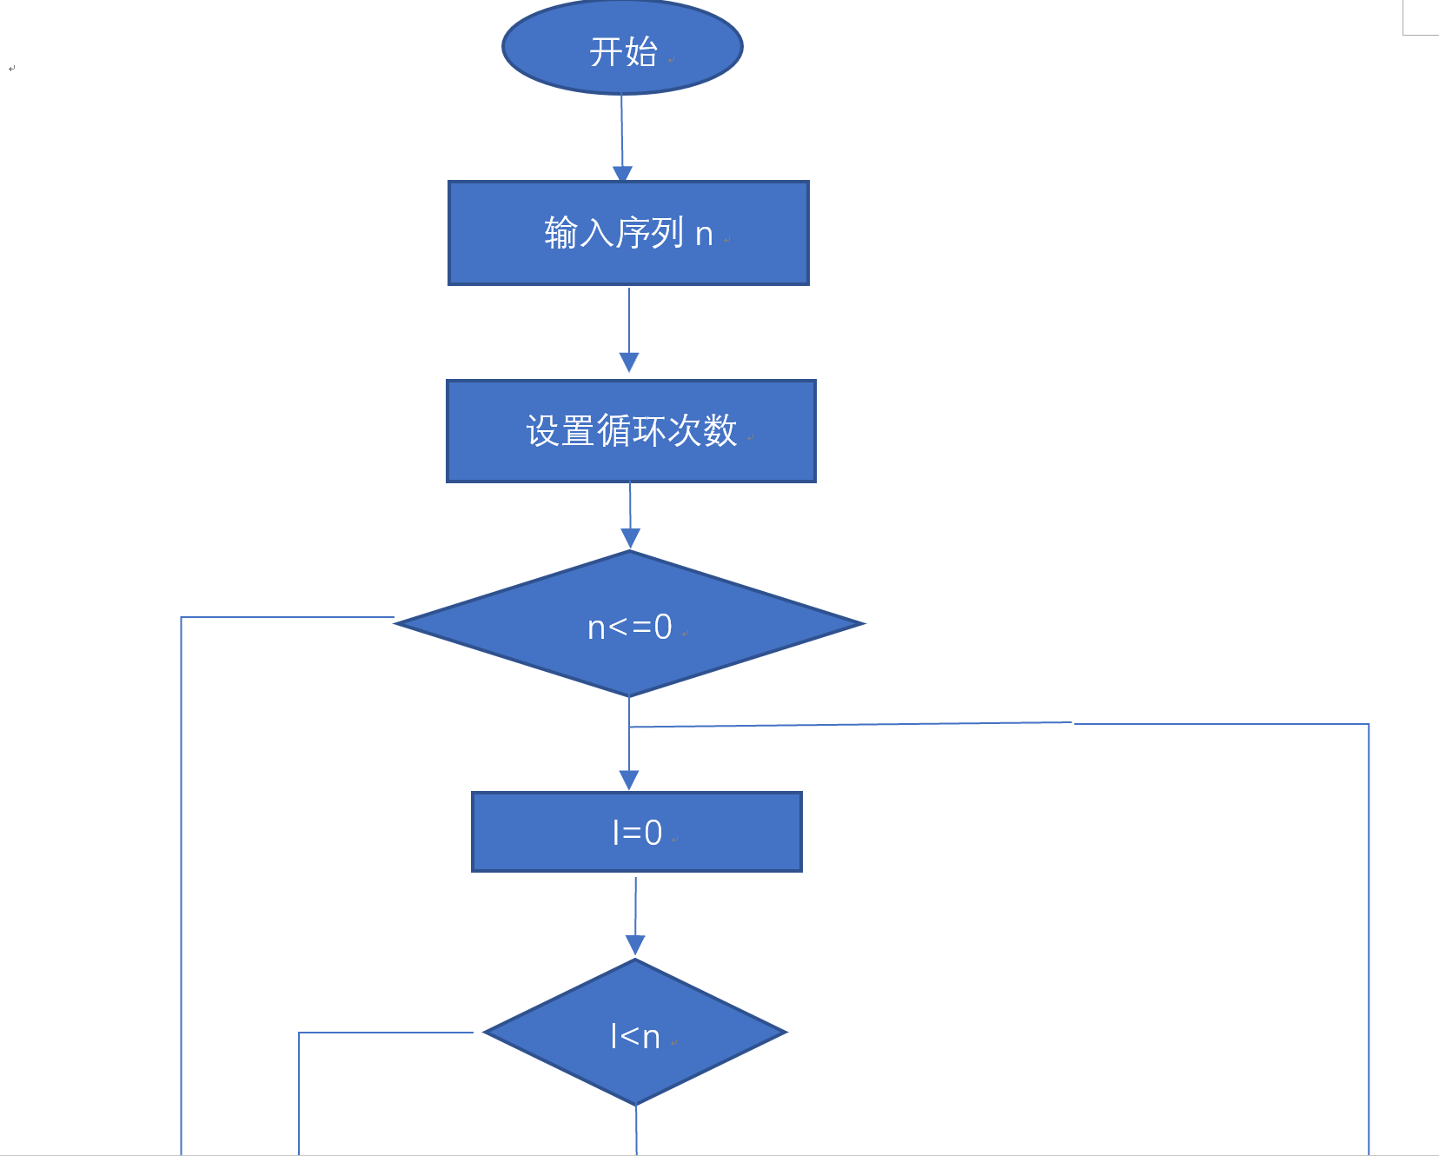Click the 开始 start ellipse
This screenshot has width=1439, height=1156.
[622, 47]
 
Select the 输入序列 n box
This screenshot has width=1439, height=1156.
[628, 233]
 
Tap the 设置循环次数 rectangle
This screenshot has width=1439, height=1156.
[631, 431]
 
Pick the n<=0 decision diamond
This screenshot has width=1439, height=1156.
[629, 624]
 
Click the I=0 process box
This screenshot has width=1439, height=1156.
[636, 832]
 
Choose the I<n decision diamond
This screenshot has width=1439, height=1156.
[635, 1033]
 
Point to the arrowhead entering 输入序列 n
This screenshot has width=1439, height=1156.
[622, 174]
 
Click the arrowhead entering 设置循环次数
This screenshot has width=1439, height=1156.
[629, 362]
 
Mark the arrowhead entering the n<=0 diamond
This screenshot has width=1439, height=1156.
[630, 538]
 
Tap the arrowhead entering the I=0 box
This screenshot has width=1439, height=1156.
[629, 780]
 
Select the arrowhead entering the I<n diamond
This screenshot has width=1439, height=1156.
[635, 946]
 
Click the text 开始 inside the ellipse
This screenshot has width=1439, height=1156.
[623, 52]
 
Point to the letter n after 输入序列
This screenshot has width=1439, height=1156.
[704, 235]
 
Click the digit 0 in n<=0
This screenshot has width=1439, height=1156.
[663, 627]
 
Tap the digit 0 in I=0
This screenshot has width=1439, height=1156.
[653, 833]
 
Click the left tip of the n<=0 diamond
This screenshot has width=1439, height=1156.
[397, 622]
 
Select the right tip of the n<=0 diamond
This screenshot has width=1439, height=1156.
[863, 624]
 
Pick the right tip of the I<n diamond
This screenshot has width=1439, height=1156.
[785, 1033]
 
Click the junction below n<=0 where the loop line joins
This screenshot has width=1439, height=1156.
[629, 727]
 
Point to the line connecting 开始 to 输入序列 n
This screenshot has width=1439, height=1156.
[621, 130]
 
